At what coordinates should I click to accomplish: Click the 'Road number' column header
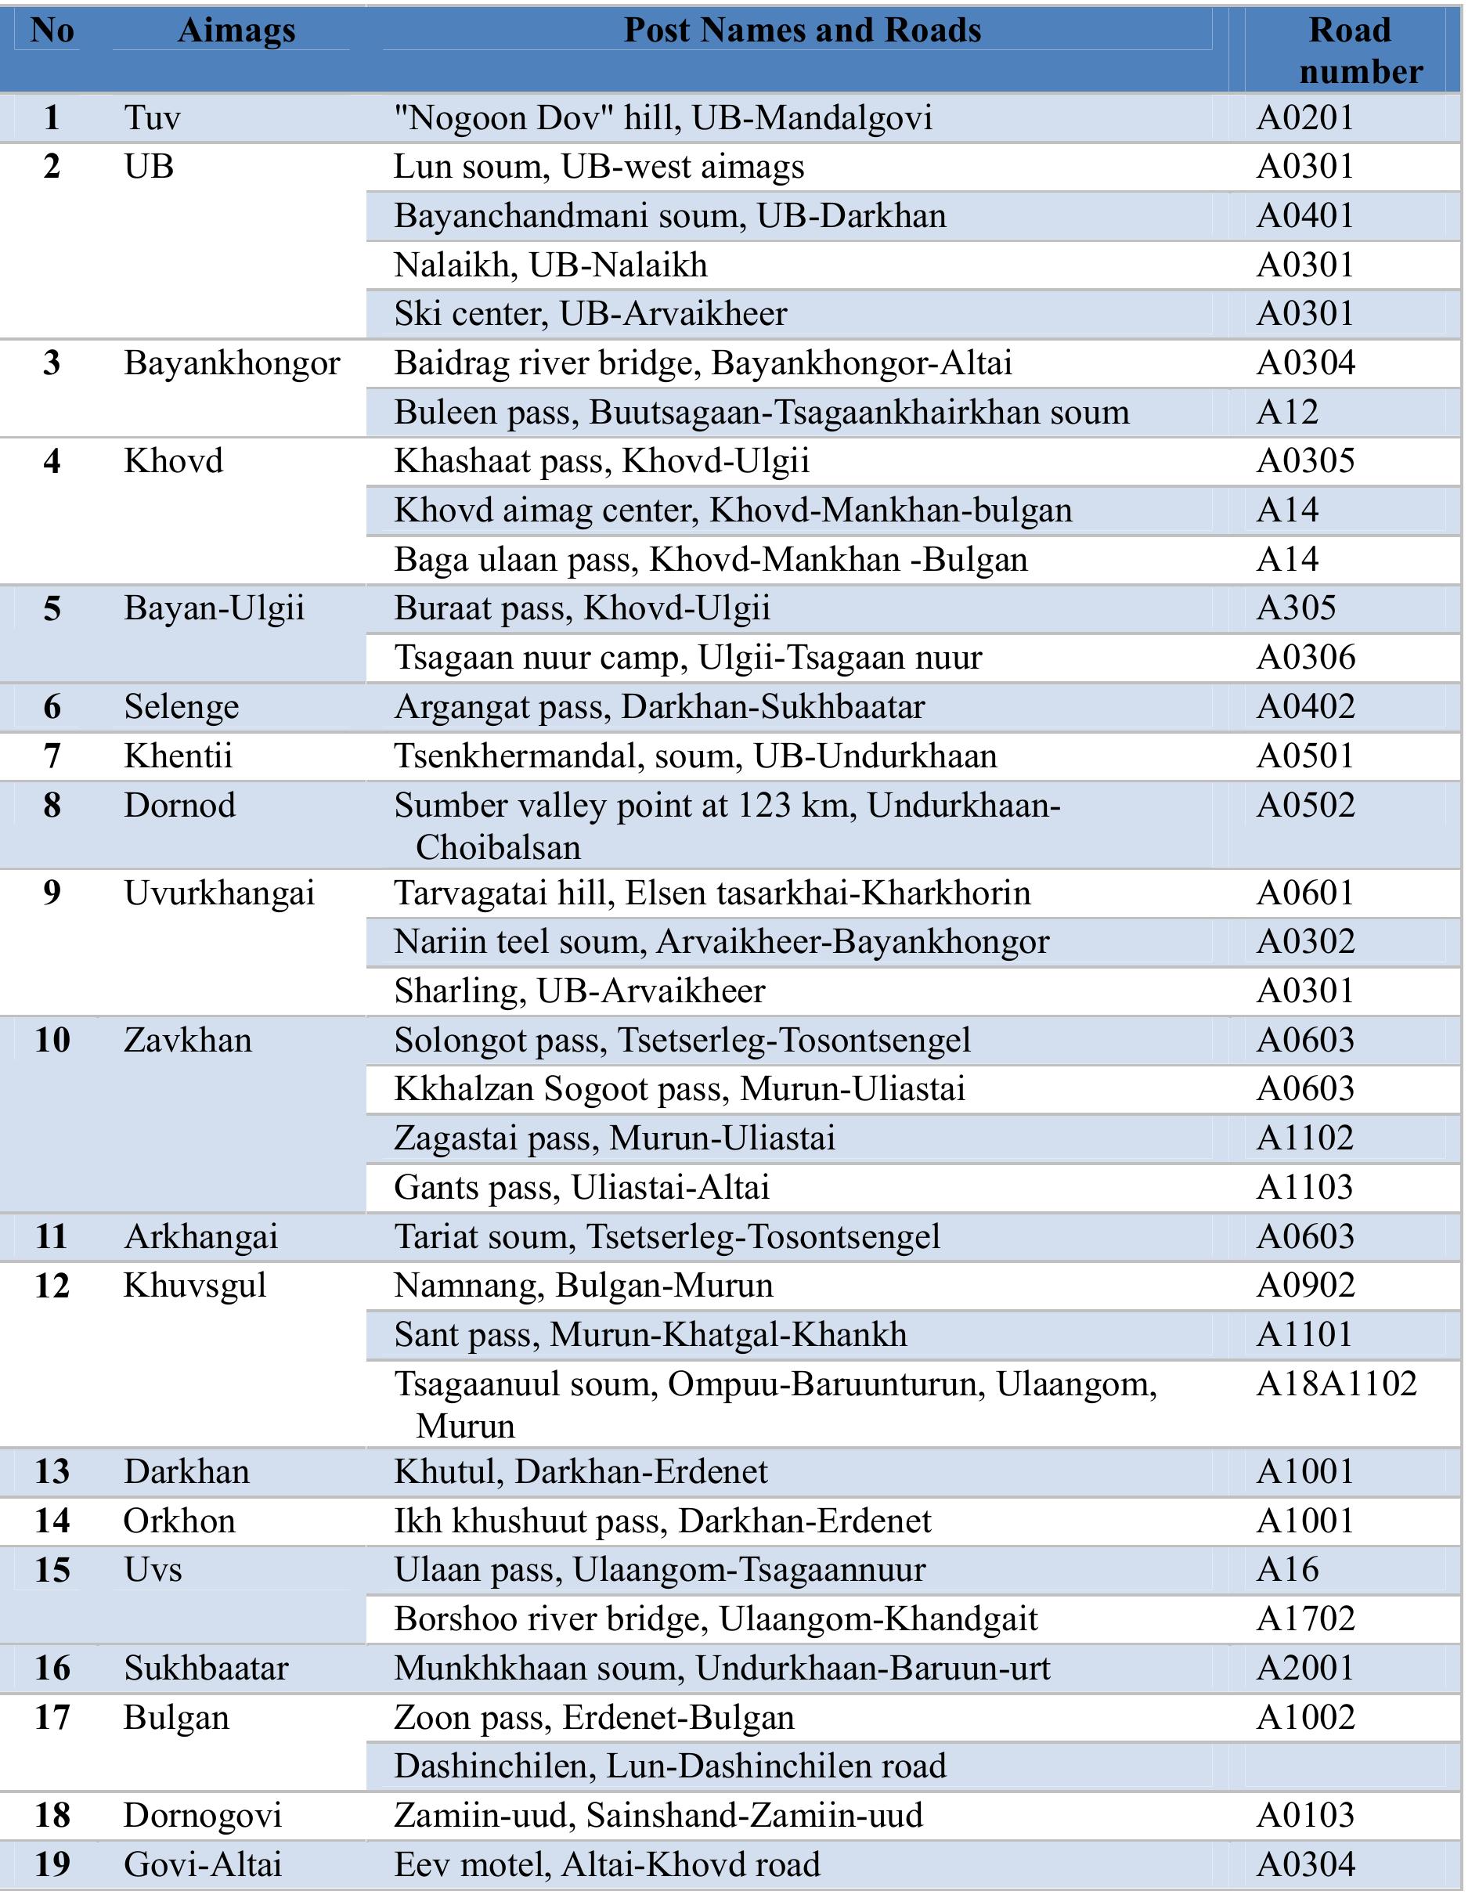pos(1352,50)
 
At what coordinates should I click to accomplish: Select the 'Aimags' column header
pos(236,31)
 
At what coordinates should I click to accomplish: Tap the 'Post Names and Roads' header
pos(802,31)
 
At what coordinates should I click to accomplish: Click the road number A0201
pos(1305,117)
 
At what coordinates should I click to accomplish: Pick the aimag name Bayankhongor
pos(231,363)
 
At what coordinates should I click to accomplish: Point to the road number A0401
pos(1305,215)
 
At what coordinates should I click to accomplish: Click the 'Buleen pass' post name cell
pos(761,413)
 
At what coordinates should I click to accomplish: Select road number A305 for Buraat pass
pos(1296,608)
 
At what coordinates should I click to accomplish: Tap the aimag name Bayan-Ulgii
pos(214,608)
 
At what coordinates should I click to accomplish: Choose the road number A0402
pos(1305,706)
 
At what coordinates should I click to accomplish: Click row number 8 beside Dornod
pos(52,806)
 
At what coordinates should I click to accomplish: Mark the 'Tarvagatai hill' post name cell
pos(712,893)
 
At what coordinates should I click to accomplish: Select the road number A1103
pos(1305,1187)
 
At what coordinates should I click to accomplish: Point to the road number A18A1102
pos(1337,1384)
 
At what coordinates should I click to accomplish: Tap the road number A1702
pos(1305,1619)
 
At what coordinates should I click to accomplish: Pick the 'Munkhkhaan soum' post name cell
pos(721,1669)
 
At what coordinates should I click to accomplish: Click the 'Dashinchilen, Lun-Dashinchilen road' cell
pos(669,1766)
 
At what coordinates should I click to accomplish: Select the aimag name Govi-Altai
pos(203,1865)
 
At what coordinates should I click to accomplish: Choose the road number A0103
pos(1305,1816)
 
